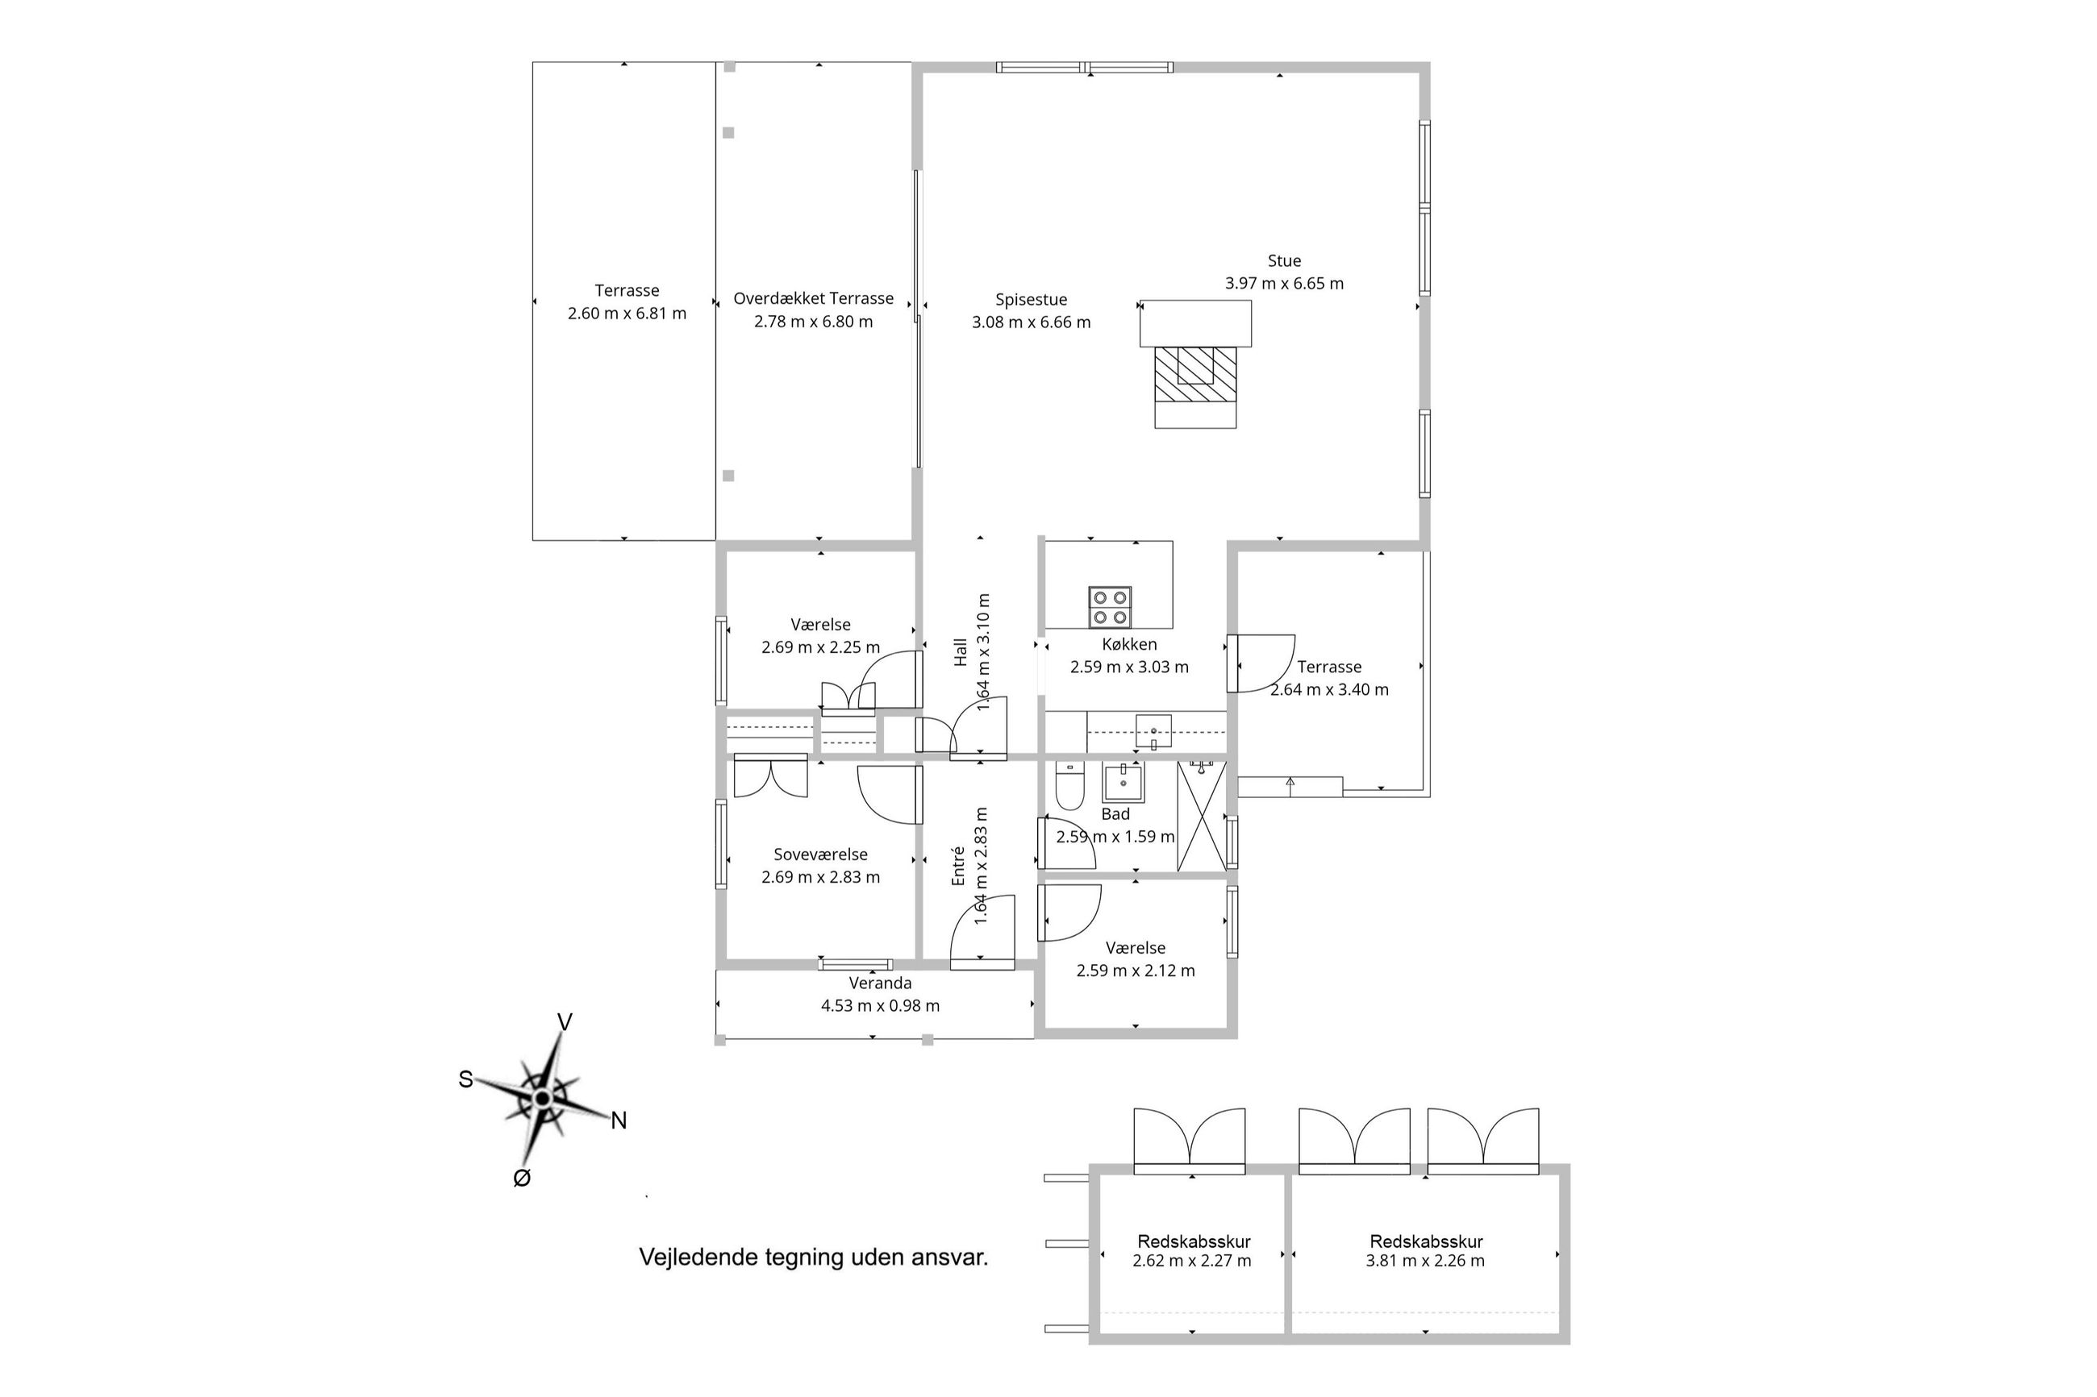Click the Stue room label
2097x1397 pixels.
click(1283, 261)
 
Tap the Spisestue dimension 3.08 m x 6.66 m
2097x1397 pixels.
click(1030, 322)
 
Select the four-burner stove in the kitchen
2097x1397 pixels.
click(1109, 607)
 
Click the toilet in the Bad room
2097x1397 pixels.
click(1068, 786)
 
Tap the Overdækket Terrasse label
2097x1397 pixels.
click(813, 298)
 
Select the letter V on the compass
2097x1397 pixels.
click(564, 1022)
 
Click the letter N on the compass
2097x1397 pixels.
click(619, 1121)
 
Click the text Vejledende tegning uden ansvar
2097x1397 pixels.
click(813, 1257)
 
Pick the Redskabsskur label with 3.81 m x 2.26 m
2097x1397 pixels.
click(1425, 1241)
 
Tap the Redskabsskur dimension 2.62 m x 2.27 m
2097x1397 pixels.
click(1191, 1261)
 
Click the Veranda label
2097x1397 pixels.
click(880, 983)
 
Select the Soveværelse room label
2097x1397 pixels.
click(820, 854)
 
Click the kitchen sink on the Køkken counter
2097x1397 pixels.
click(1153, 731)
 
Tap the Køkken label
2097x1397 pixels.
click(1129, 644)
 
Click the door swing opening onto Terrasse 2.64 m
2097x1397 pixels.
click(1260, 663)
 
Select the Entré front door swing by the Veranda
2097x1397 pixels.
click(983, 932)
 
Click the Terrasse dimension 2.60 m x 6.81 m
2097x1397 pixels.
click(627, 314)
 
